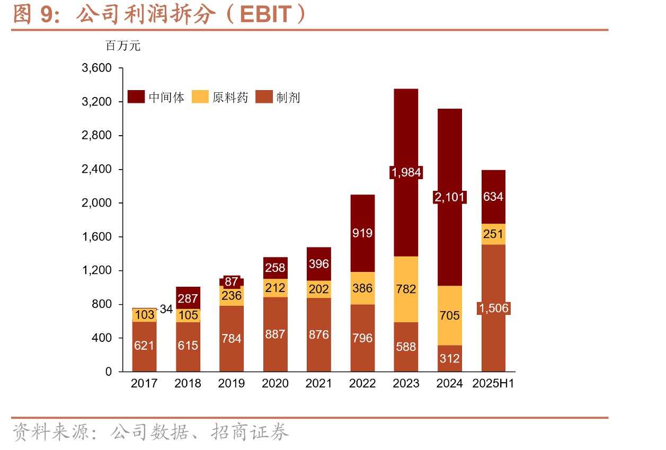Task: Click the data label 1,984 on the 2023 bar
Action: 406,172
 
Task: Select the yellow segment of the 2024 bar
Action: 449,315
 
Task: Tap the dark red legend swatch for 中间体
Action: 136,96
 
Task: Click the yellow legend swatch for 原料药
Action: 200,96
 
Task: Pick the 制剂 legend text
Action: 288,98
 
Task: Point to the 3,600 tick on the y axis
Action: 96,68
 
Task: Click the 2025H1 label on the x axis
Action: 493,383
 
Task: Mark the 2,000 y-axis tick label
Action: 96,203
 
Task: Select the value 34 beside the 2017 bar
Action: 166,309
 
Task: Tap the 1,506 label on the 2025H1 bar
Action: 494,308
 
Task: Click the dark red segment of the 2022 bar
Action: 362,233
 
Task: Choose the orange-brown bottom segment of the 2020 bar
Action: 276,334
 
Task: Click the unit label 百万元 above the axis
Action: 123,46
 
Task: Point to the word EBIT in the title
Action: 265,14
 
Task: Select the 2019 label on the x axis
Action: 232,383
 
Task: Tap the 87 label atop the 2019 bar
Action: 232,281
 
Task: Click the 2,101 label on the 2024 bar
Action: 449,197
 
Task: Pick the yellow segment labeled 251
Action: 493,234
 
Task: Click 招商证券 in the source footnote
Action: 250,432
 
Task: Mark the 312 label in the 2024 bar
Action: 449,359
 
